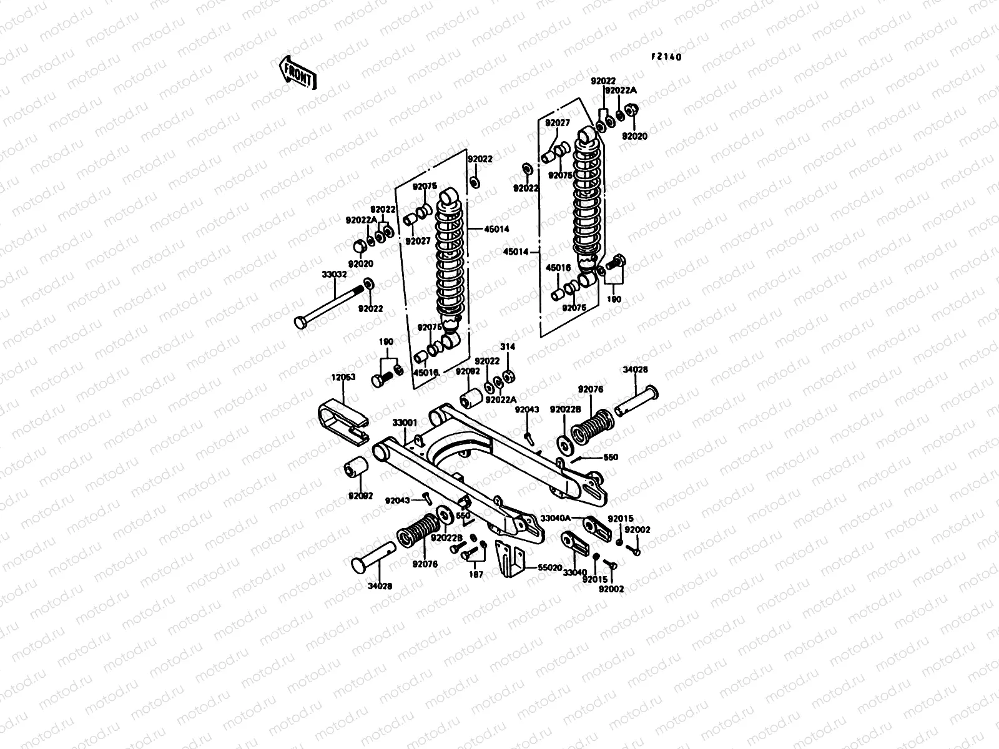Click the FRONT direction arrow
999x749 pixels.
tap(298, 71)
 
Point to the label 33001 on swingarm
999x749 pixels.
tap(405, 423)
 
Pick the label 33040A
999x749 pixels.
tap(556, 518)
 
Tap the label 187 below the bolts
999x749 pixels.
tap(476, 575)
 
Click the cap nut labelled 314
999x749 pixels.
tap(509, 375)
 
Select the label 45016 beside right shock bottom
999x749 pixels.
tap(559, 268)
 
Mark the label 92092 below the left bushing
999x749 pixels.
tap(360, 496)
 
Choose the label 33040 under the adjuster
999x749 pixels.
tap(574, 572)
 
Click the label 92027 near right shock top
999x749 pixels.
tap(558, 123)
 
